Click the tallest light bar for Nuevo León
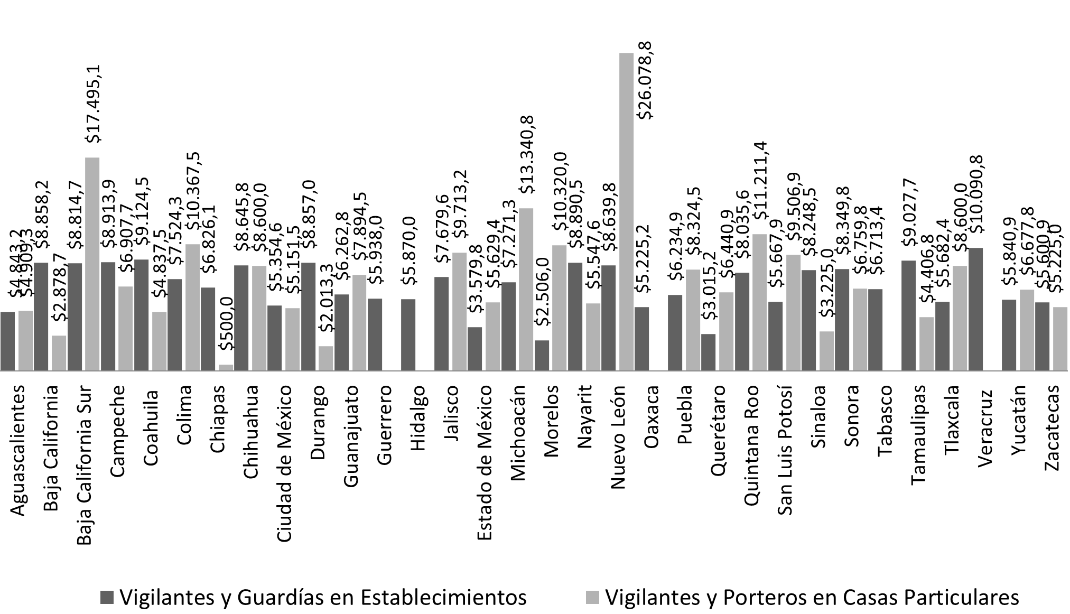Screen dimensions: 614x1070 coord(626,211)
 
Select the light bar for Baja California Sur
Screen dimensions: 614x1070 coord(92,264)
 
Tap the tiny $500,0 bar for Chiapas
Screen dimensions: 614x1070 coord(226,368)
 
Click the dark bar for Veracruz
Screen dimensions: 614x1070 coord(975,309)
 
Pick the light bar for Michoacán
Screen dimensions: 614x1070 coord(526,290)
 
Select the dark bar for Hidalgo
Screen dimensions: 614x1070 coord(408,335)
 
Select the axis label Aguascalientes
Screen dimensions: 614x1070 coord(17,450)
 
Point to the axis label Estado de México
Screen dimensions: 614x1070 coord(485,462)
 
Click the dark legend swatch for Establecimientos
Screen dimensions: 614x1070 coord(107,598)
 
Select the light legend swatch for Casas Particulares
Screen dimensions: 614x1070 coord(592,598)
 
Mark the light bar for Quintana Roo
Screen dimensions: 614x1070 coord(759,302)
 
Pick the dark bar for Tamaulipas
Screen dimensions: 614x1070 coord(909,315)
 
